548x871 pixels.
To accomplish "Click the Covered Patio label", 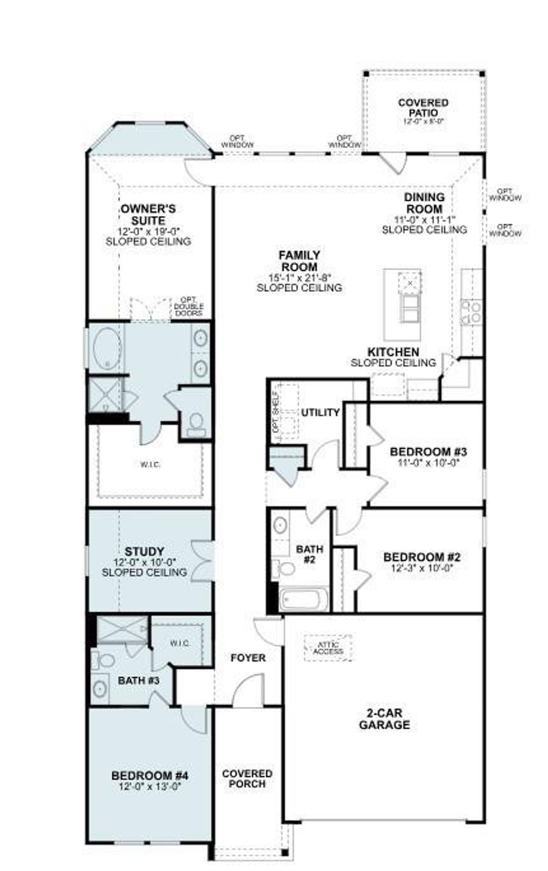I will [423, 107].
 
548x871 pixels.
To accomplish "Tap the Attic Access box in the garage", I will [328, 648].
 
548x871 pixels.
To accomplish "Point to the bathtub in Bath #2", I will [304, 600].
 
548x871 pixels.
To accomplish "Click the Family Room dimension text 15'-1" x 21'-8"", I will [299, 277].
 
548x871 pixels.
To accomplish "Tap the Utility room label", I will [320, 412].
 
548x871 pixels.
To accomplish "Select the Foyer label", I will [248, 658].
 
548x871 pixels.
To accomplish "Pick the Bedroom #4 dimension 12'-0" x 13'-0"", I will [150, 786].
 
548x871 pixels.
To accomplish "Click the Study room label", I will [144, 551].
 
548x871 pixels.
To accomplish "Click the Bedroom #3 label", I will [428, 451].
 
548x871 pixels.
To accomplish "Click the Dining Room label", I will [424, 203].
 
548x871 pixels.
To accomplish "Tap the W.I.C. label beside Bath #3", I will [180, 643].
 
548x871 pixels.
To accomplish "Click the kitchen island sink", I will [410, 283].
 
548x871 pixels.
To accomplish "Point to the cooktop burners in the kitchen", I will [471, 312].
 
